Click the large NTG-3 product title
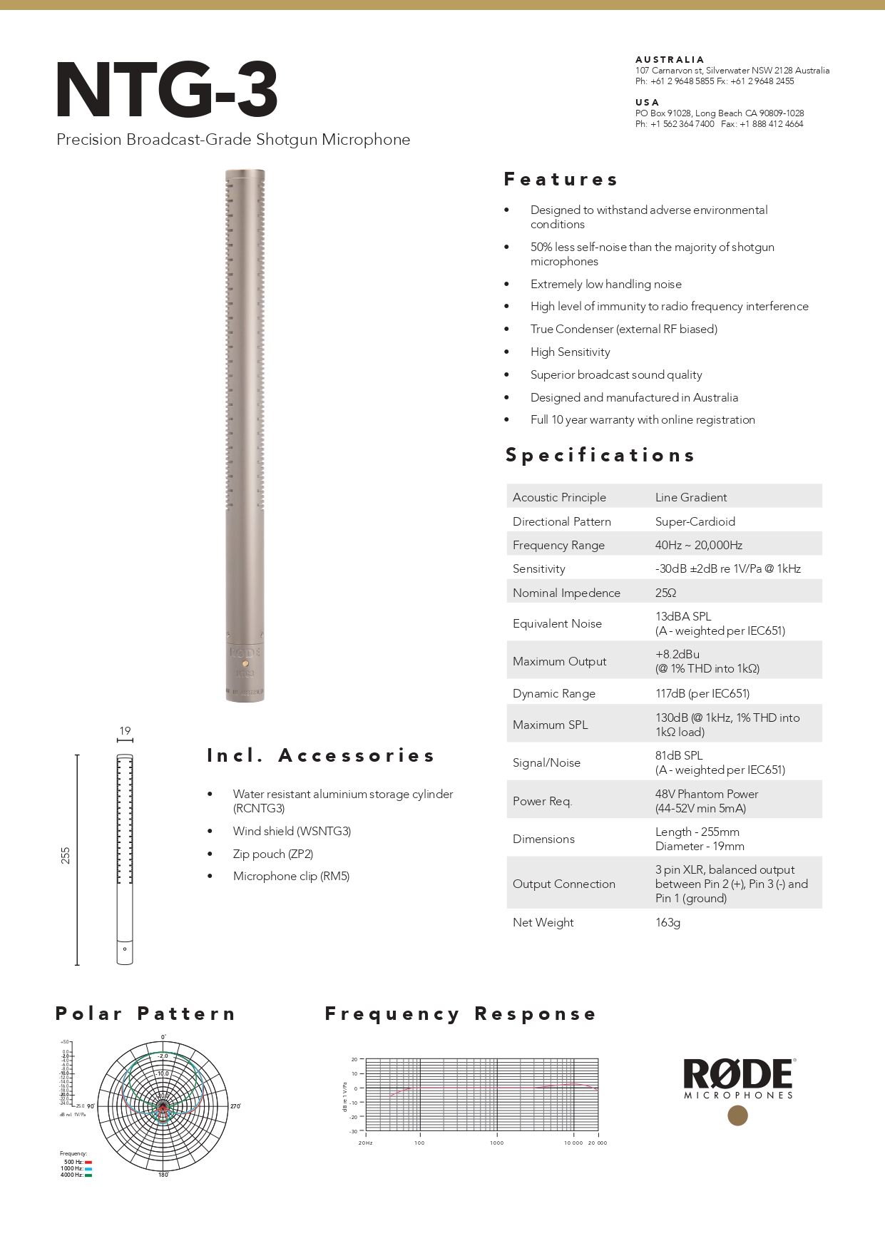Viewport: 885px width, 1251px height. tap(167, 91)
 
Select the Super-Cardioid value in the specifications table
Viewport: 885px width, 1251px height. tap(695, 521)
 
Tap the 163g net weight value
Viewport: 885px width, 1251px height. tap(667, 922)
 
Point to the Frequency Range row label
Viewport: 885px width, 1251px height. tap(558, 545)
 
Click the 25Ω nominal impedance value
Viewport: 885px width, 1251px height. tap(665, 593)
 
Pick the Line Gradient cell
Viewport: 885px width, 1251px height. tap(690, 497)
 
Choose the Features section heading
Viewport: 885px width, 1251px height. tap(561, 179)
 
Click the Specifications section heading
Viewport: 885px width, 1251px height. tap(600, 455)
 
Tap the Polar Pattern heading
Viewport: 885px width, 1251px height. tap(145, 1013)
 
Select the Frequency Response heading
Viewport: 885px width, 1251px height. tap(461, 1013)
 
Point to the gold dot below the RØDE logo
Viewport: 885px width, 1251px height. tap(737, 1115)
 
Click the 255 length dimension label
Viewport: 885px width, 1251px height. tap(66, 855)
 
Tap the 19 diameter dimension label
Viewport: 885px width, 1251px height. tap(125, 730)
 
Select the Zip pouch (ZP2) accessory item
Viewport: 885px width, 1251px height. tap(272, 854)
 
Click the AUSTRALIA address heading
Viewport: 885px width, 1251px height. tap(670, 60)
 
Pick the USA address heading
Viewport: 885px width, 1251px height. tap(647, 103)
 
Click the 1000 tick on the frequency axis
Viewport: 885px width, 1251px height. tap(496, 1143)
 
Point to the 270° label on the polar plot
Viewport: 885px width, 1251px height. tap(235, 1106)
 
